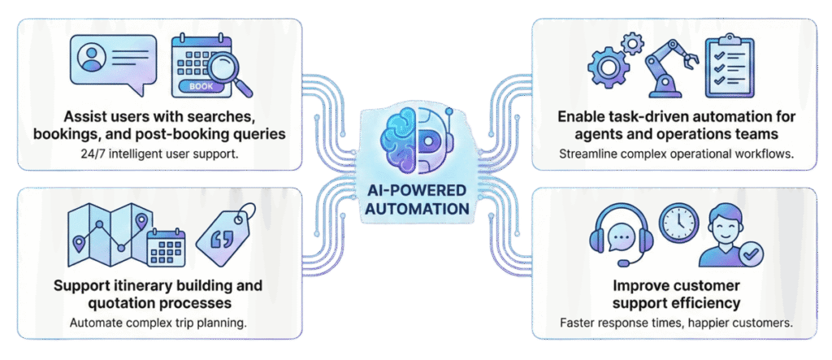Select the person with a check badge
pos(732,236)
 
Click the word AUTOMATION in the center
pos(417,208)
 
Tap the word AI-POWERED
pos(417,189)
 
